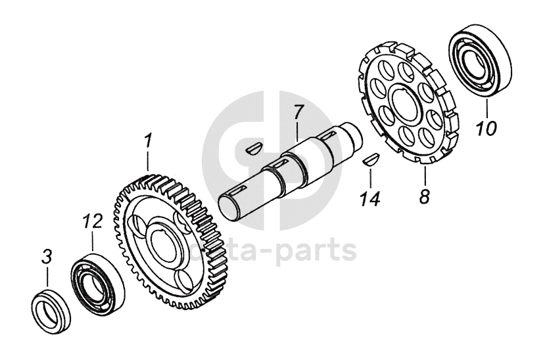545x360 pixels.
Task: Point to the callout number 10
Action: (487, 127)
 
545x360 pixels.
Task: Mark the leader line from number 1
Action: (149, 161)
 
